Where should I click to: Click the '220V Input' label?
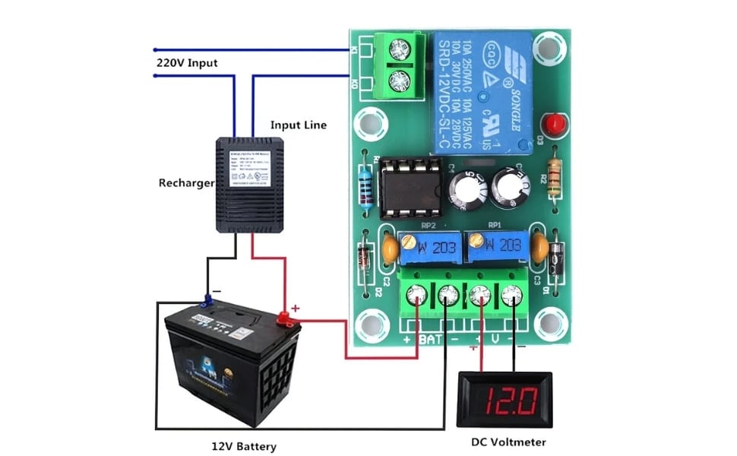[x=187, y=62]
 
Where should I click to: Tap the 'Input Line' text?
[x=299, y=124]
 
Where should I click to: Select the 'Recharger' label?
[x=185, y=182]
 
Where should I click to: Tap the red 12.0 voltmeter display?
[x=501, y=397]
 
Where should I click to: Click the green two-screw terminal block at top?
[x=397, y=65]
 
